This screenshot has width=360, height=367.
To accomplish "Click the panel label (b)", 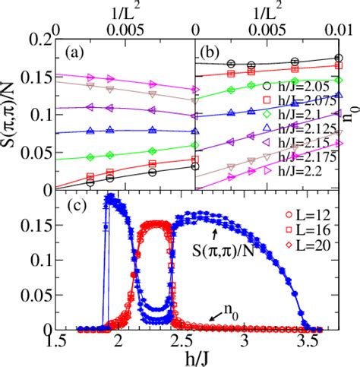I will pos(210,54).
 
